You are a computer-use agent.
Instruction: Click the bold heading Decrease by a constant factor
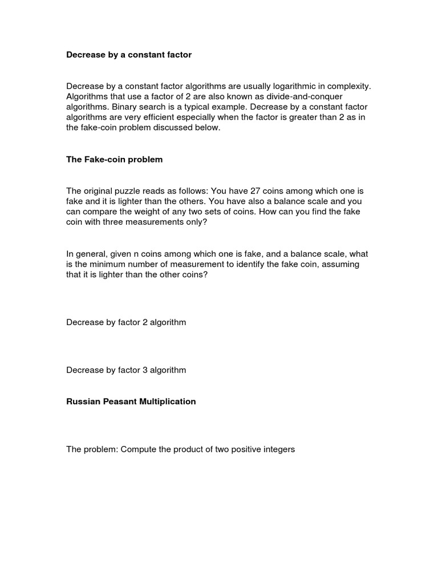tap(129, 55)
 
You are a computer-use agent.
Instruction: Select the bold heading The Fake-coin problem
tap(115, 160)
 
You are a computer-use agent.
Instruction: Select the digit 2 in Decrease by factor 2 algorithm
tap(145, 322)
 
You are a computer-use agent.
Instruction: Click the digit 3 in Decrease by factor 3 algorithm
tap(145, 370)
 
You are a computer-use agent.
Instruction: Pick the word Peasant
tap(117, 401)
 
